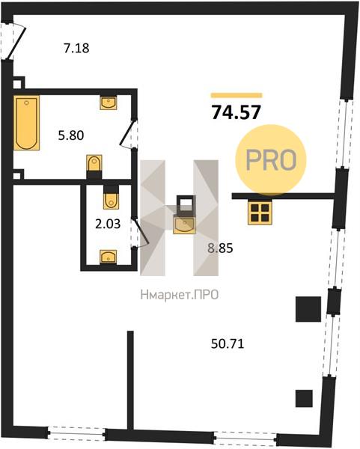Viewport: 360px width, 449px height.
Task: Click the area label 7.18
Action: click(76, 48)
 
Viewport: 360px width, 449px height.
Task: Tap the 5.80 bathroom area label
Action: click(71, 135)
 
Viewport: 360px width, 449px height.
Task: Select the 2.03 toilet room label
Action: click(108, 224)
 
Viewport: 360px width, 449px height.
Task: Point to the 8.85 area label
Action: click(220, 248)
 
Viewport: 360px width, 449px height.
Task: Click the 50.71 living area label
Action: click(228, 343)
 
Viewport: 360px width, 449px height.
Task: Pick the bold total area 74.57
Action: click(236, 112)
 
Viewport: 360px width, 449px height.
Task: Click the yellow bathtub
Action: click(26, 123)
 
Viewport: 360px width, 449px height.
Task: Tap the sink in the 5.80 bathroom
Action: click(109, 103)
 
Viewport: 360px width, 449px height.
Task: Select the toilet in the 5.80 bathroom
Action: click(94, 167)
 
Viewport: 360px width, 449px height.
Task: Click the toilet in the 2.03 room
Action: click(111, 197)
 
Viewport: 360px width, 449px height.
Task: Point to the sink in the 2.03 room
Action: click(109, 257)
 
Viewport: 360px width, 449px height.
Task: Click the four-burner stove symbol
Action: click(260, 213)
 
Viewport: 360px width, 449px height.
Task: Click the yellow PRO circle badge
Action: click(271, 160)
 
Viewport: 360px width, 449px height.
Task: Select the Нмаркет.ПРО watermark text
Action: click(180, 295)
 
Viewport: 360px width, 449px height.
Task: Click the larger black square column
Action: click(308, 309)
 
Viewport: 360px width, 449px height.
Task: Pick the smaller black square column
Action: click(304, 399)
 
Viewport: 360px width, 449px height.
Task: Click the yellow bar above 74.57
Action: click(237, 95)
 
